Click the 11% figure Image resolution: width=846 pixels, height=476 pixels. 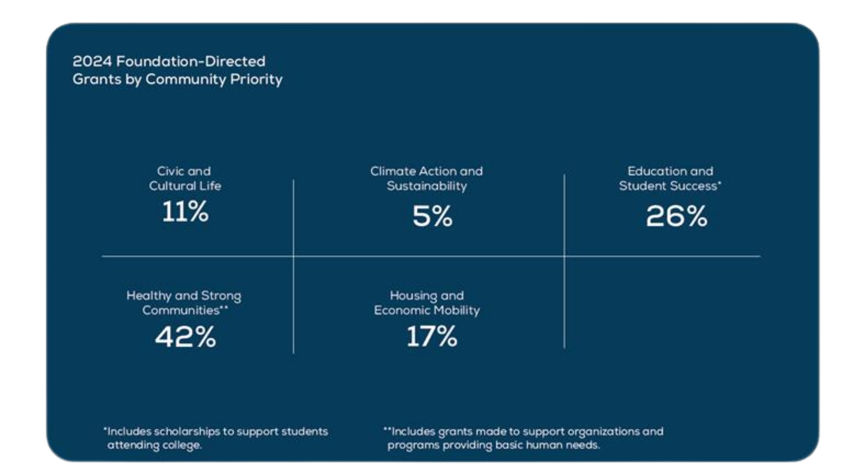[185, 212]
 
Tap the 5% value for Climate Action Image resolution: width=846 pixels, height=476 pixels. [432, 216]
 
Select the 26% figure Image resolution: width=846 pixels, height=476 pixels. [676, 216]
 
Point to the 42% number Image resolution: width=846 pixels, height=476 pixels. [186, 337]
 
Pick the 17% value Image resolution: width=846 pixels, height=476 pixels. [432, 337]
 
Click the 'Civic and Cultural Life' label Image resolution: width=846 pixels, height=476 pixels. [185, 178]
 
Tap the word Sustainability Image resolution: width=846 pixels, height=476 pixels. [427, 186]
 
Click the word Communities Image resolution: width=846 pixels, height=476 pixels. [181, 310]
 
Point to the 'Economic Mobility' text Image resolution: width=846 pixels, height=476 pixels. [427, 310]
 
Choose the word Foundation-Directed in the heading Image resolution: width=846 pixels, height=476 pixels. [191, 61]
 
